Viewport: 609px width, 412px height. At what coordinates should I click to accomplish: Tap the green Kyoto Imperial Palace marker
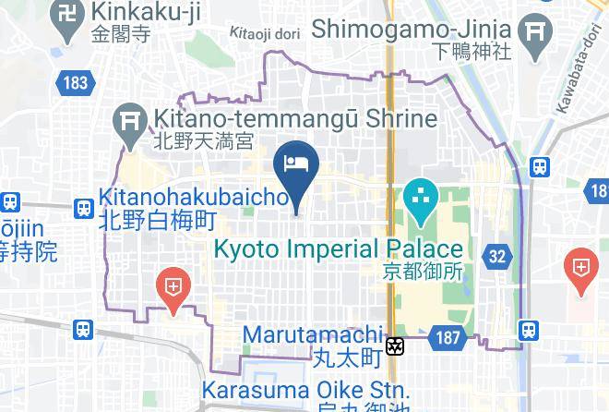(x=420, y=199)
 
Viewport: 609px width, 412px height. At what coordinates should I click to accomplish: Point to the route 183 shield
(x=77, y=83)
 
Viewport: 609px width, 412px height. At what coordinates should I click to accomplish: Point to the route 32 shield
(x=497, y=256)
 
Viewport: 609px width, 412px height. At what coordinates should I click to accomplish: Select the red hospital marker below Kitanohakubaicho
(x=173, y=286)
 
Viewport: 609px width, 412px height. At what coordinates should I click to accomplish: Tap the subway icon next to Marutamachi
(x=396, y=346)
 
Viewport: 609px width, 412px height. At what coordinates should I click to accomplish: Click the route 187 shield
(x=448, y=338)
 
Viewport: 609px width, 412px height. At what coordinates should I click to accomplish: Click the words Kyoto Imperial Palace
(x=338, y=248)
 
